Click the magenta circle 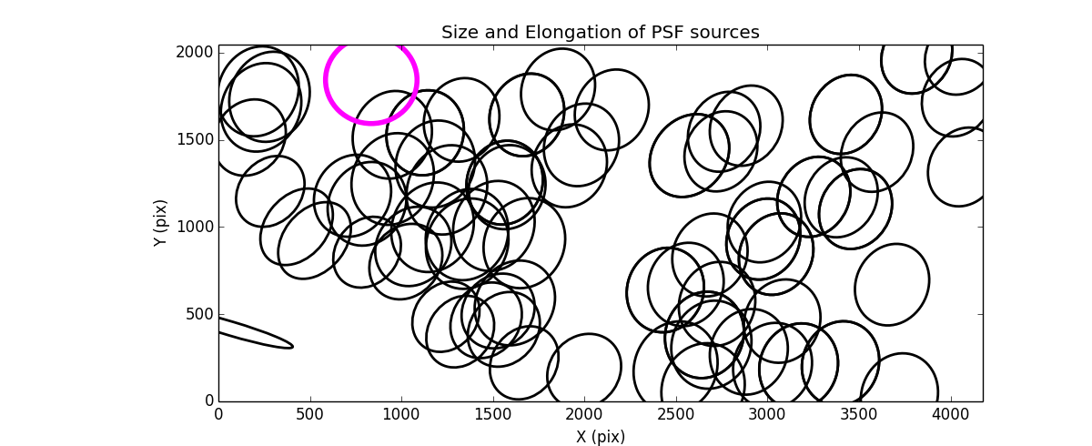[x=371, y=80]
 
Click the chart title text [x=600, y=33]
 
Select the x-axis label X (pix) [x=600, y=437]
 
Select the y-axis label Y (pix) [x=160, y=223]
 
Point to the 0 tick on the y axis [x=208, y=401]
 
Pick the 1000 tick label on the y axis [x=197, y=227]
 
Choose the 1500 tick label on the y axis [x=197, y=139]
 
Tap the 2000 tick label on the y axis [x=197, y=53]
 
